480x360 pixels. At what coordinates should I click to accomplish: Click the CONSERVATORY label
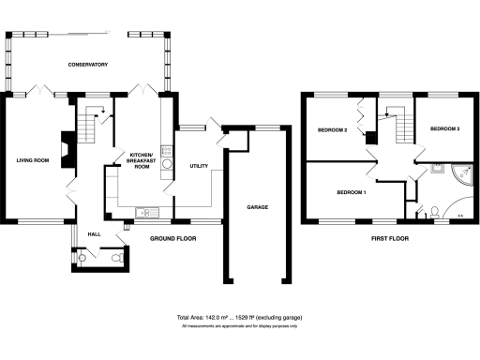pyautogui.click(x=88, y=65)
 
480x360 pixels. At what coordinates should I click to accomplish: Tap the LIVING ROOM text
pyautogui.click(x=32, y=160)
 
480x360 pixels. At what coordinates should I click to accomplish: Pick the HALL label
pyautogui.click(x=94, y=233)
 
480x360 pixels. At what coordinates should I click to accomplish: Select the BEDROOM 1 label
pyautogui.click(x=351, y=192)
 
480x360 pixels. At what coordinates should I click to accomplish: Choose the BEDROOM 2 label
pyautogui.click(x=332, y=129)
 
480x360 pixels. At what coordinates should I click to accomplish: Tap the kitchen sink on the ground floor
pyautogui.click(x=146, y=211)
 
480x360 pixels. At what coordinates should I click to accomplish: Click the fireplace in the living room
pyautogui.click(x=64, y=148)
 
